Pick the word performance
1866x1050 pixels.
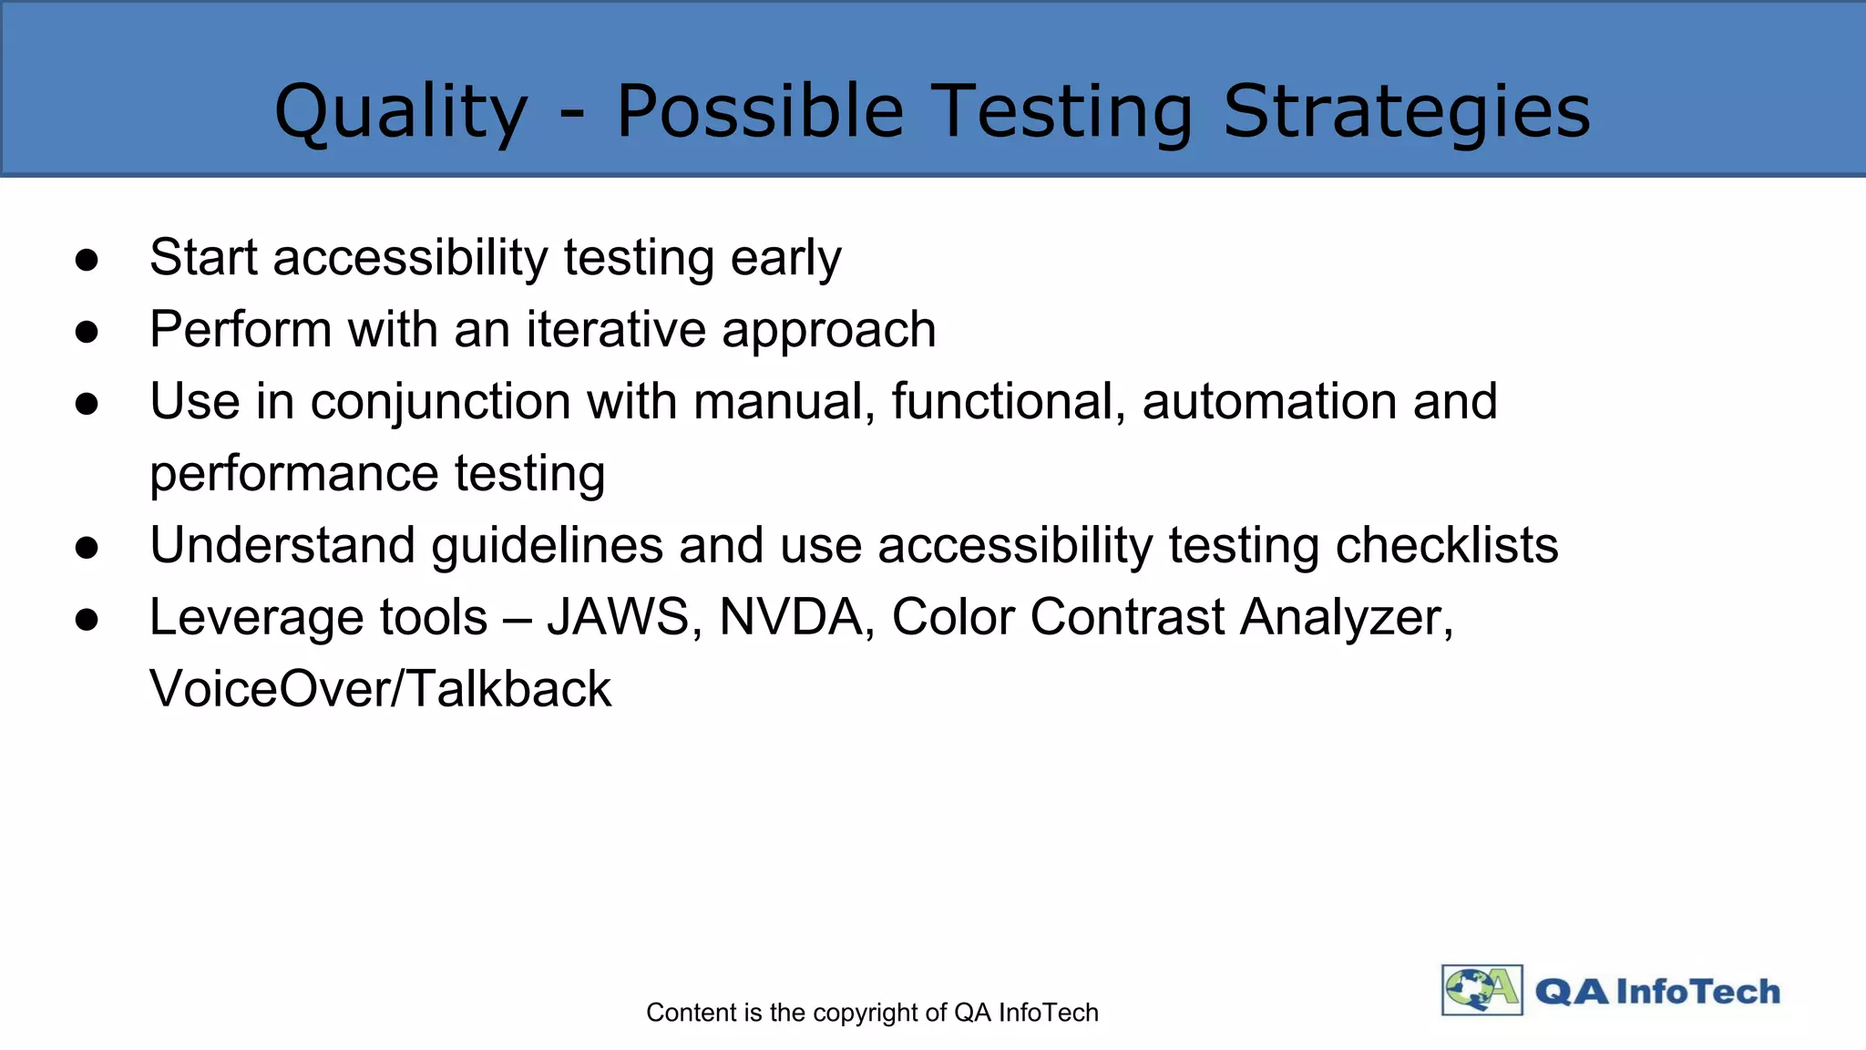[294, 475]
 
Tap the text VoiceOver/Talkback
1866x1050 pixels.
[381, 689]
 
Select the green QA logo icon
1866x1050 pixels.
[1482, 990]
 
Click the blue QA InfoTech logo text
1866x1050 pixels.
[1657, 992]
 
